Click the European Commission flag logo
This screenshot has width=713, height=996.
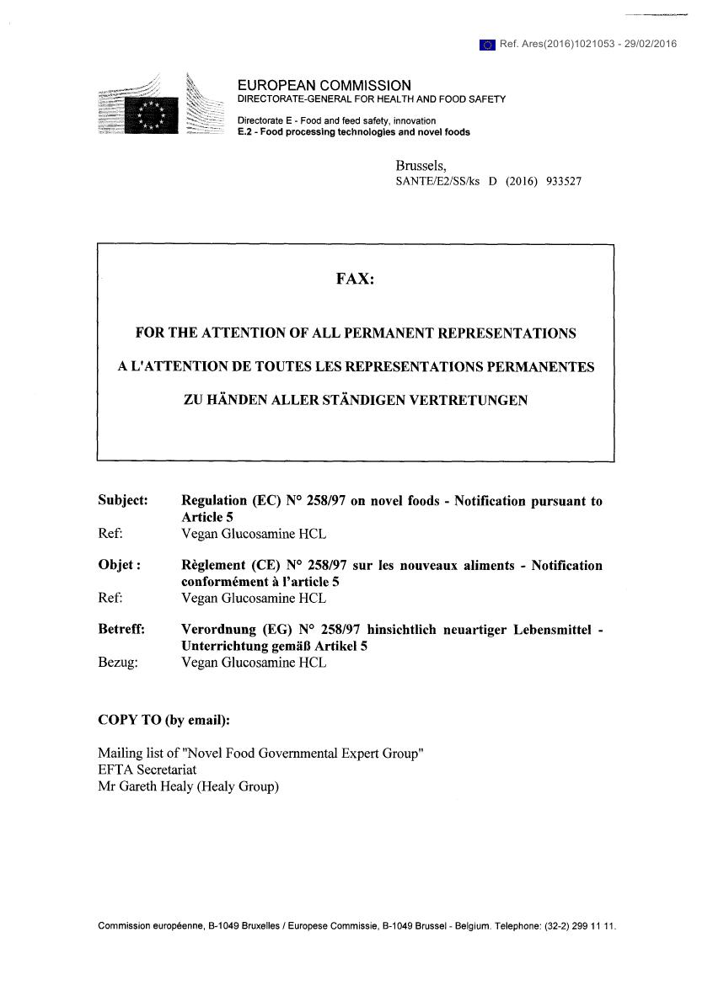point(151,114)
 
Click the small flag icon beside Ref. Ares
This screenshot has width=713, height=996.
point(486,45)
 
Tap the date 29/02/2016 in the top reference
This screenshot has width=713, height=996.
point(650,45)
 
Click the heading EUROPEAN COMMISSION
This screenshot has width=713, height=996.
point(324,85)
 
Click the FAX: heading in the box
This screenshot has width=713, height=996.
point(355,279)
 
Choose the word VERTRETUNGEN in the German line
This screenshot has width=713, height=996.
point(468,401)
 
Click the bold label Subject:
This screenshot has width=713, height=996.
point(123,500)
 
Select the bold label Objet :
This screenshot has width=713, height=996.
point(119,565)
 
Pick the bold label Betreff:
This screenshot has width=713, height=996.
point(121,629)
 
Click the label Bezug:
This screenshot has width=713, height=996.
point(118,662)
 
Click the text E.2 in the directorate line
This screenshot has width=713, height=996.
point(245,132)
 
